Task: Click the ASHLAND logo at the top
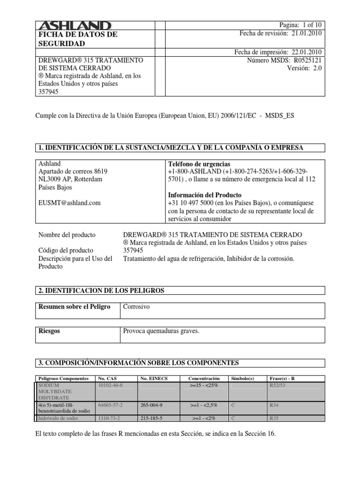(74, 26)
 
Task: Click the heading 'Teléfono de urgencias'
(199, 164)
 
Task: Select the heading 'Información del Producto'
(204, 195)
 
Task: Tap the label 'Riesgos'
(49, 331)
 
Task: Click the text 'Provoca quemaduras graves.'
(161, 331)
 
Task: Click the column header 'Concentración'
(204, 378)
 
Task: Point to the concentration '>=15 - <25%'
(204, 385)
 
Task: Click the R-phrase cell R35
(274, 418)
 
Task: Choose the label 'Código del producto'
(66, 250)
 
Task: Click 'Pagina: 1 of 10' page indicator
(300, 25)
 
